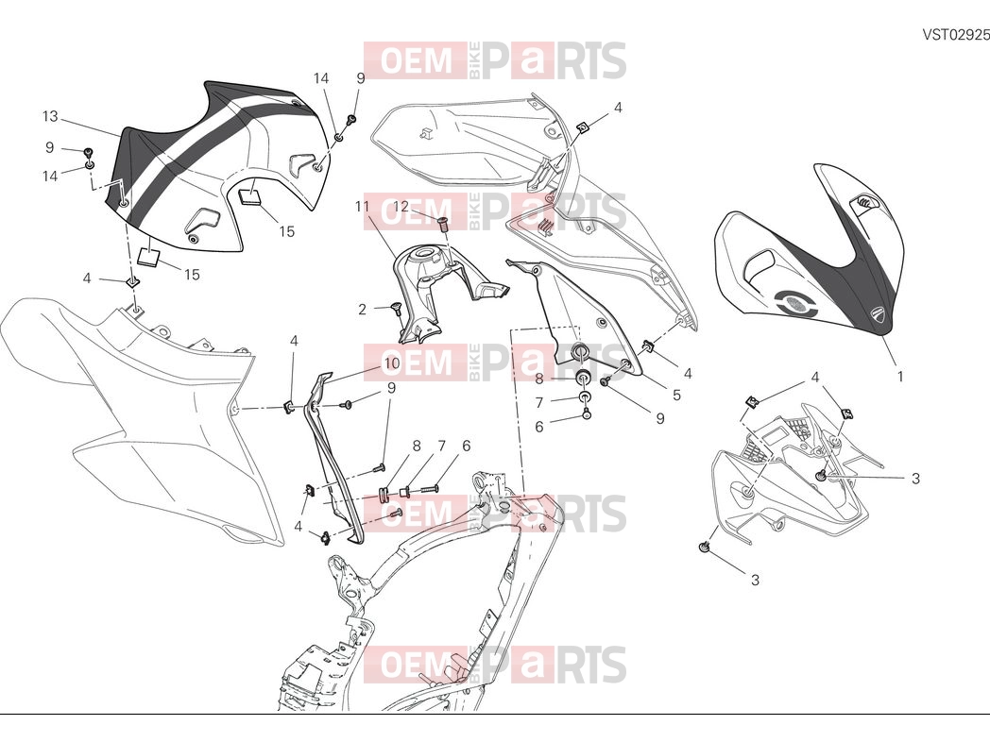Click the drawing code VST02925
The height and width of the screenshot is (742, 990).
(956, 34)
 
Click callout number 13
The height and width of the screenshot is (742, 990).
(50, 116)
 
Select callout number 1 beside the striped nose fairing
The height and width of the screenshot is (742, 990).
(900, 377)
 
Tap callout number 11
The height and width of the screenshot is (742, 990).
(362, 207)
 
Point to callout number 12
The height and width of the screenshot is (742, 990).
(401, 207)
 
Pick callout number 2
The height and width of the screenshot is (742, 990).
(363, 310)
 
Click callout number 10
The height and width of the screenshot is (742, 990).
(392, 364)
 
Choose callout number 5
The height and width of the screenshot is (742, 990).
(676, 395)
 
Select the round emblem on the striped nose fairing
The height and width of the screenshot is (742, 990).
(797, 303)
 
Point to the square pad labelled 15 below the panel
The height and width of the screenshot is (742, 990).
(149, 256)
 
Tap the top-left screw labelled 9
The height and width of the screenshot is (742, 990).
(89, 151)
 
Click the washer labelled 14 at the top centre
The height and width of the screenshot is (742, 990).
(339, 136)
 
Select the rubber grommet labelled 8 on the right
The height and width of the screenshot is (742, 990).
(583, 378)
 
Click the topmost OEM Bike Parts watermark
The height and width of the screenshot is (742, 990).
(495, 60)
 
